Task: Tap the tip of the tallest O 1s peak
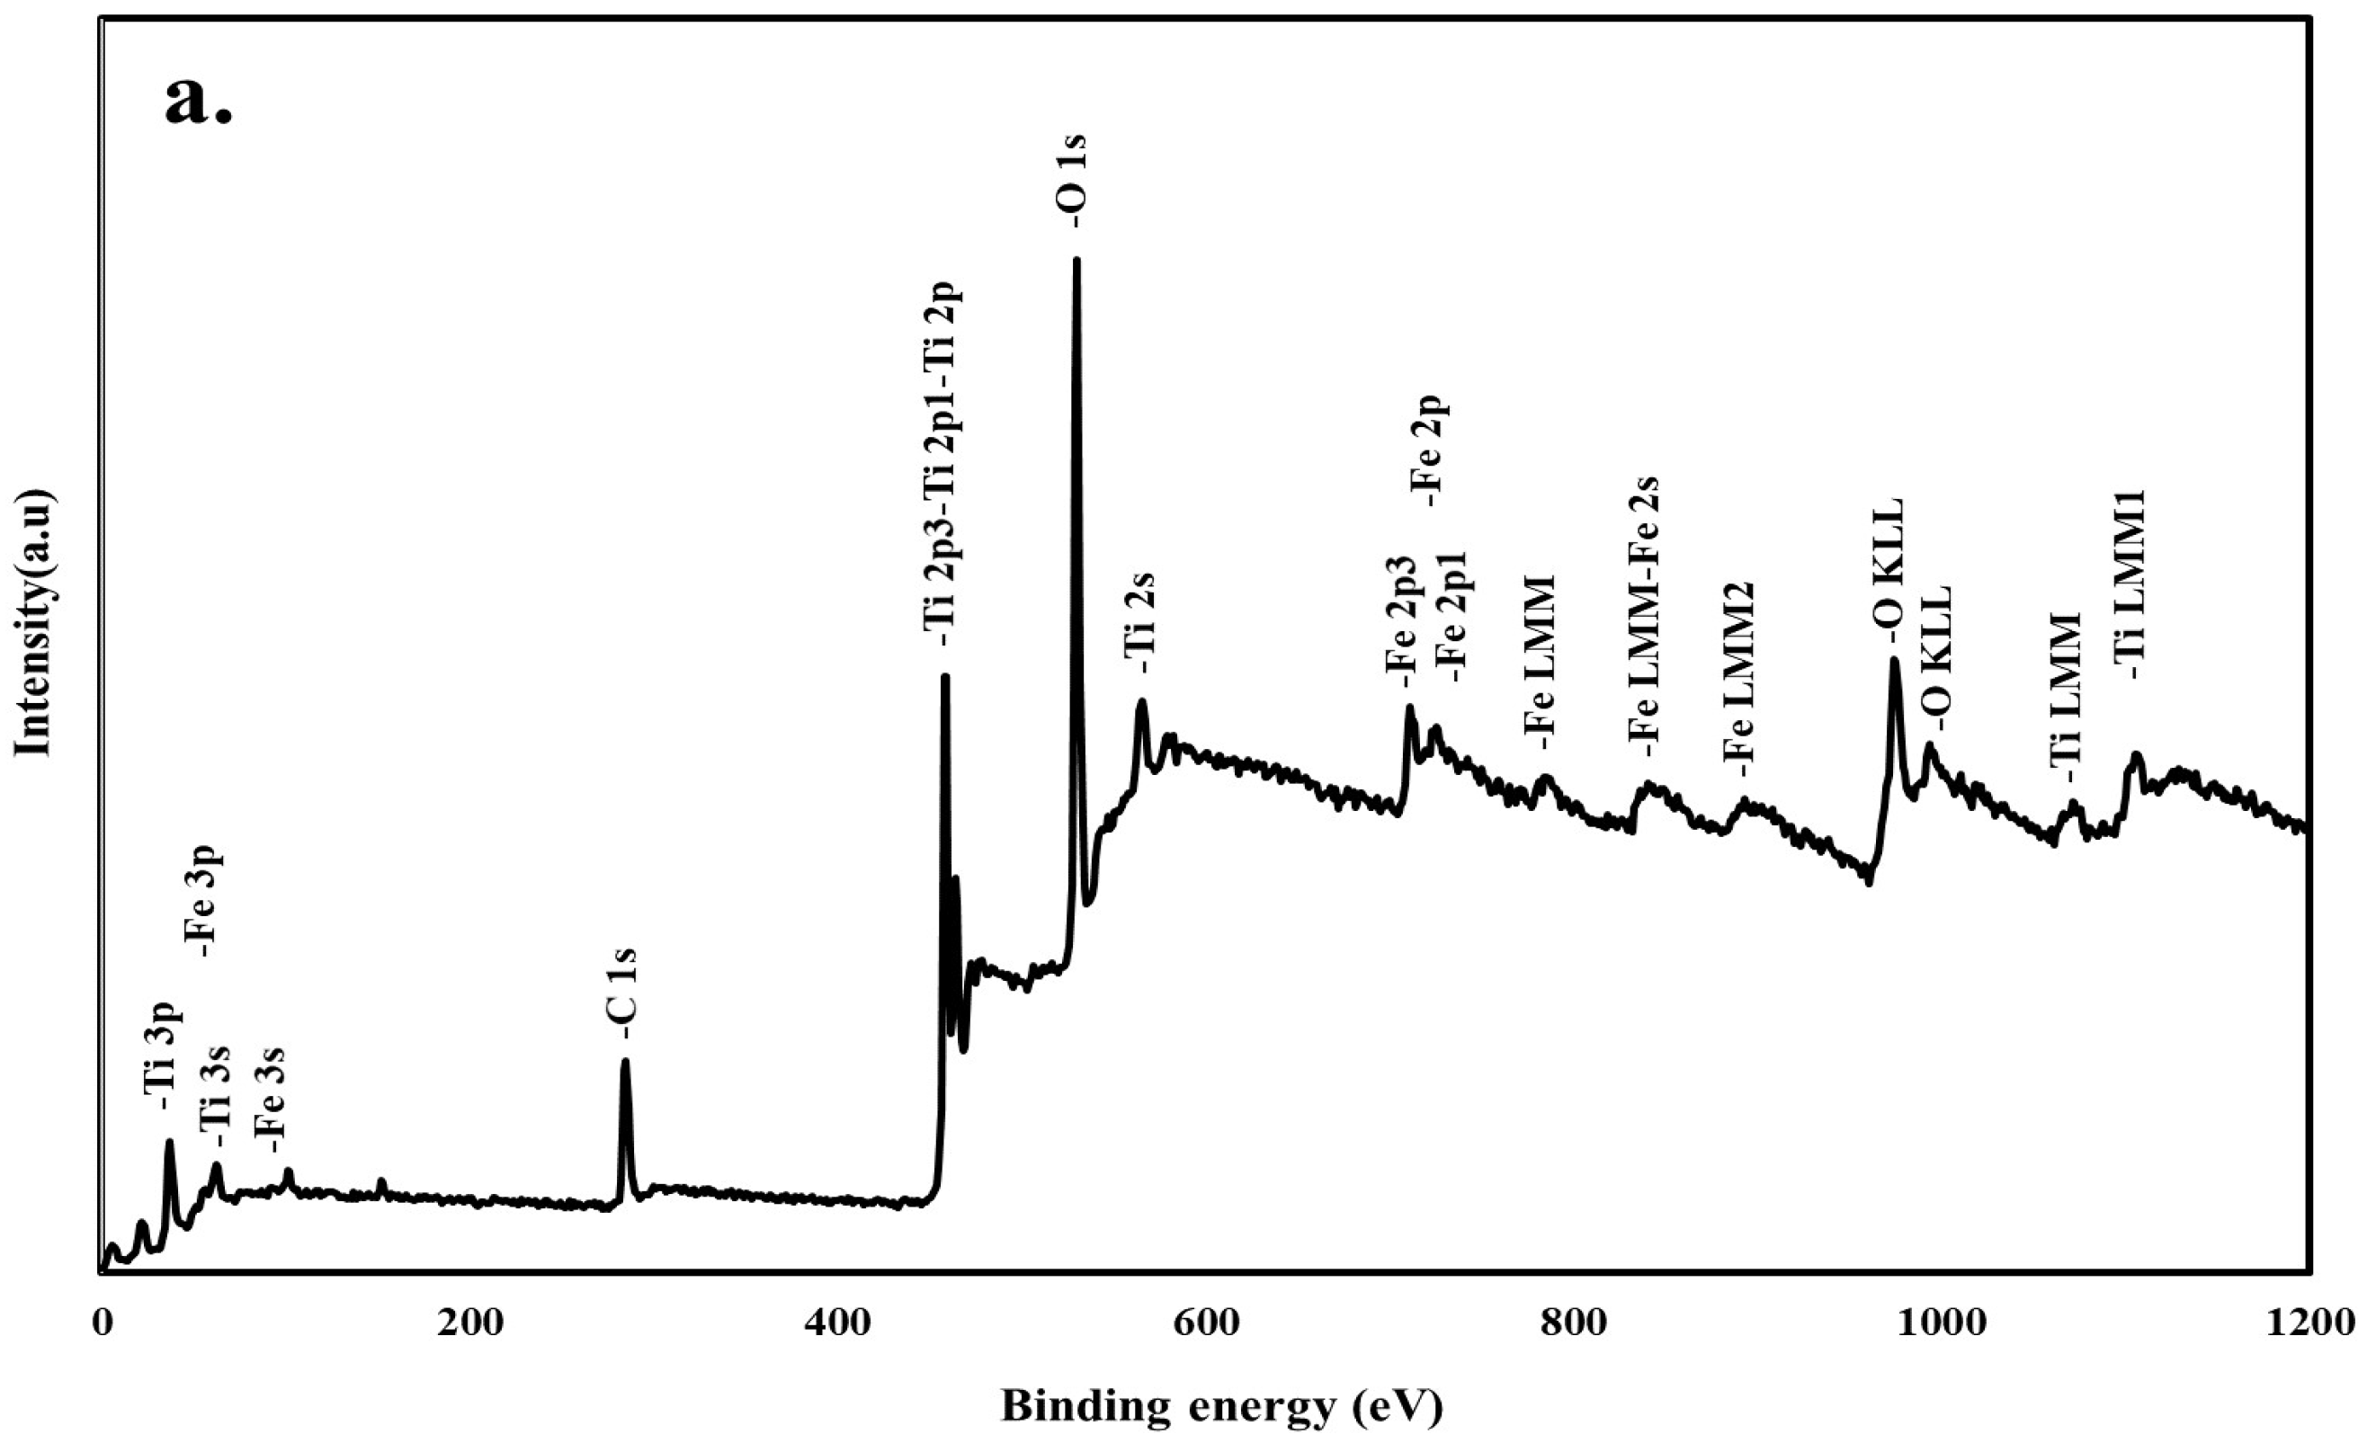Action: click(x=1076, y=259)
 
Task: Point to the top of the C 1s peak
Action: click(x=625, y=1061)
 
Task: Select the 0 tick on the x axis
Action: click(x=102, y=1325)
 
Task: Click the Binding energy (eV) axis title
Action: click(x=1222, y=1407)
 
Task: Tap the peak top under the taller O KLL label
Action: click(x=1894, y=660)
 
